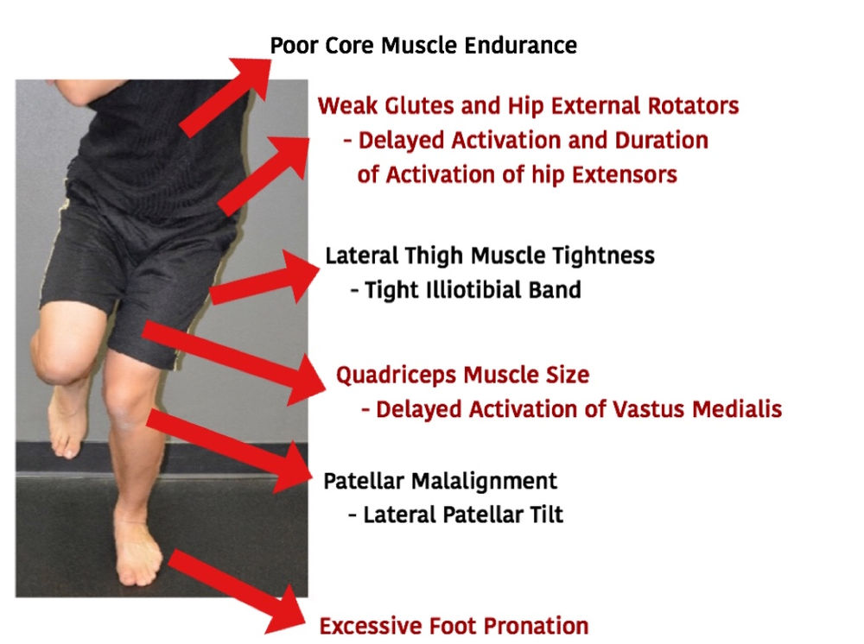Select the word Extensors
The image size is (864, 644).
point(625,174)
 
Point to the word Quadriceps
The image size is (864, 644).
point(397,376)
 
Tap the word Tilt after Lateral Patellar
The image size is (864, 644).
point(544,515)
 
